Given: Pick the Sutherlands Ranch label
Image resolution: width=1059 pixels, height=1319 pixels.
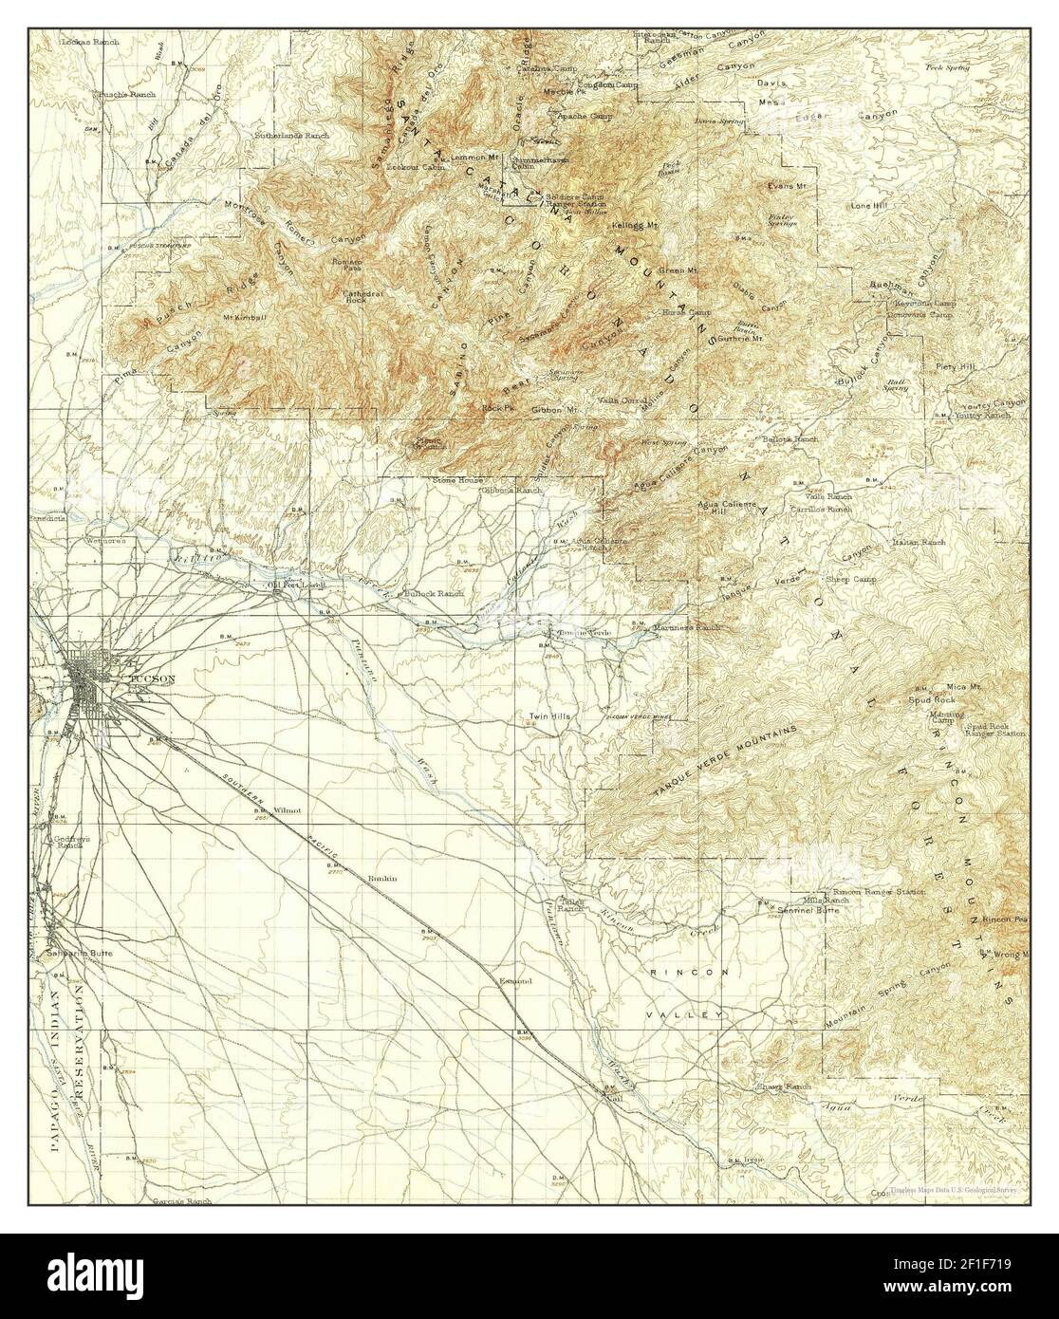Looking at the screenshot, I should (292, 137).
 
